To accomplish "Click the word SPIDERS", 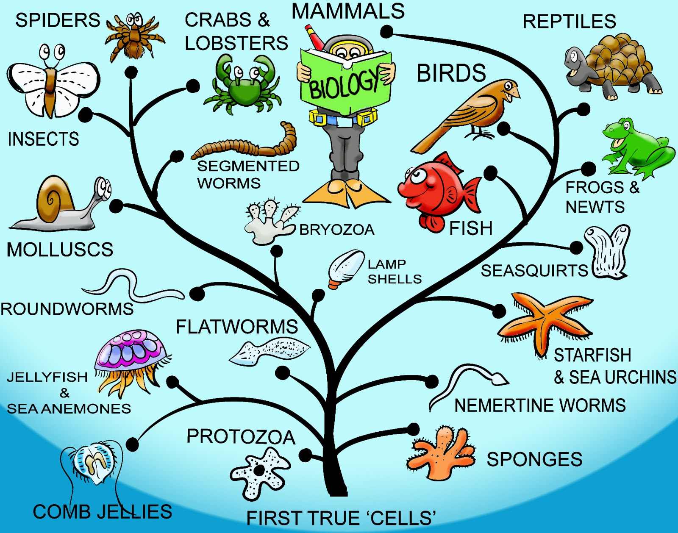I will [58, 20].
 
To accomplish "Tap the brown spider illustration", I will [135, 37].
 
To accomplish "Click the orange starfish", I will [545, 322].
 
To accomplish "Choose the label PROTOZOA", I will [241, 437].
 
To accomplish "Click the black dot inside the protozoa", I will [258, 470].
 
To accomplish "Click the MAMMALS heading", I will [348, 11].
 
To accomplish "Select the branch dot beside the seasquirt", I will [576, 248].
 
